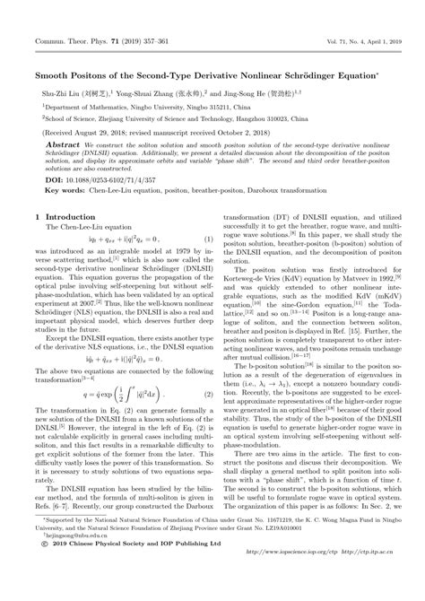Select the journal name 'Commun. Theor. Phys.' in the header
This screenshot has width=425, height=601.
(x=64, y=17)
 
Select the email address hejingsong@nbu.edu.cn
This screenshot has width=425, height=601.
(x=67, y=584)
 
